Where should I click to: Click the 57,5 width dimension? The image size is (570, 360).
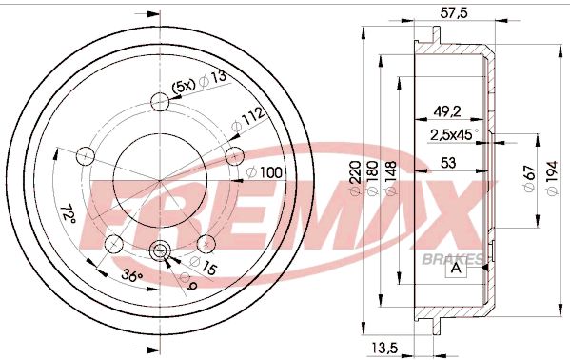click(453, 12)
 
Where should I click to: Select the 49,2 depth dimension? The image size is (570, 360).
click(446, 111)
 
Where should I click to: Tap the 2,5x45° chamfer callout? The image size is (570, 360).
click(454, 135)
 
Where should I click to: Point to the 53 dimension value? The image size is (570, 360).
click(448, 162)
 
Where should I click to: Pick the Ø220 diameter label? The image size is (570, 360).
click(357, 178)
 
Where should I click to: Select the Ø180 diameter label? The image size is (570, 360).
click(373, 178)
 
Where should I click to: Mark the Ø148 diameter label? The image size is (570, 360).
click(390, 178)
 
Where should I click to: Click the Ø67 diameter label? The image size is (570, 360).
click(529, 178)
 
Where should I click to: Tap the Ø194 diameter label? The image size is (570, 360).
click(552, 178)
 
